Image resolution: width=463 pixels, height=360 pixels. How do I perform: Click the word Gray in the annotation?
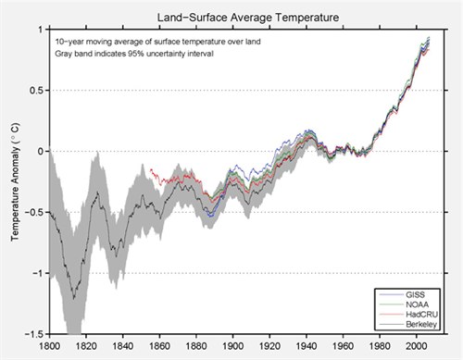(66, 55)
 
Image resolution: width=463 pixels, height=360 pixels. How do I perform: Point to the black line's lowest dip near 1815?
(73, 297)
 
